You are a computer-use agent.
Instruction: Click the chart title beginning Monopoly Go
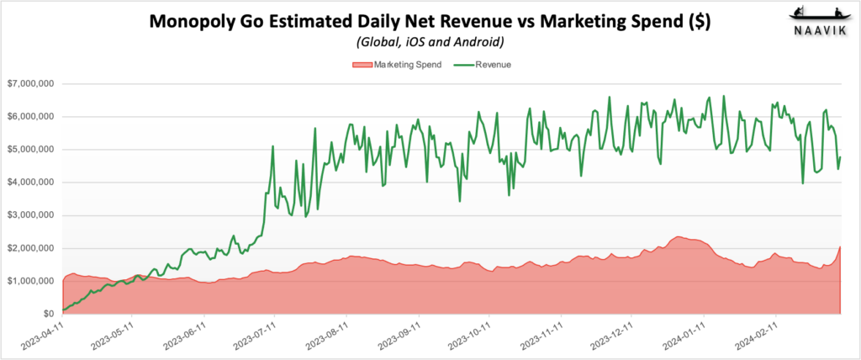pos(430,23)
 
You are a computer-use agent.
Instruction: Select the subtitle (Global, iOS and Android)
pos(430,43)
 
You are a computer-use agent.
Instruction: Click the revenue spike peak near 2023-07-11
pos(273,146)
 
